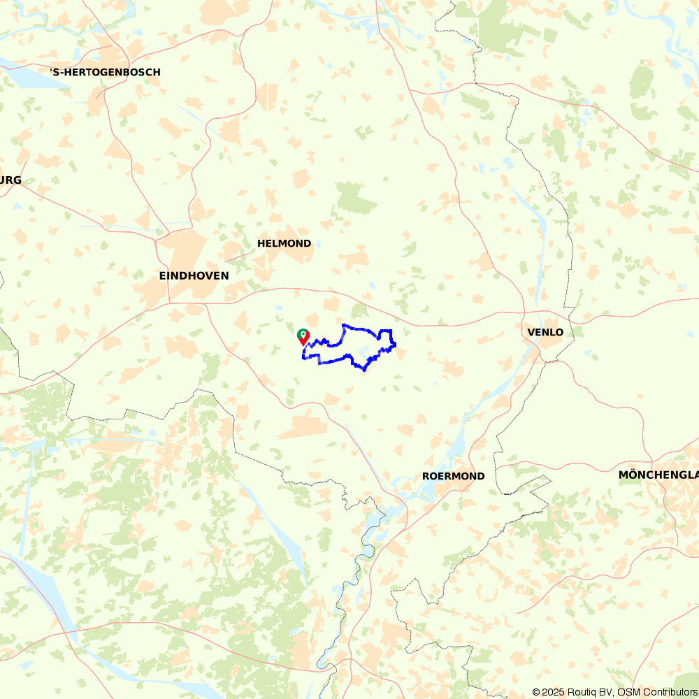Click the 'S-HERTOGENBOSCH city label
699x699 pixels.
(x=105, y=72)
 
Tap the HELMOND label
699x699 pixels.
(x=284, y=243)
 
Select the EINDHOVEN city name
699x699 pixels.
(x=194, y=276)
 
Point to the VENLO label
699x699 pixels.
(x=546, y=332)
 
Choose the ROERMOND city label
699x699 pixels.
(x=453, y=476)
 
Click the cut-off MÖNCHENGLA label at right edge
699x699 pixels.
(x=658, y=475)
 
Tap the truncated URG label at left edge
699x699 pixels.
(x=10, y=180)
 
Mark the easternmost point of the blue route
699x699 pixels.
(x=396, y=344)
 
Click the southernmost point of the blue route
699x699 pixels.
(x=363, y=370)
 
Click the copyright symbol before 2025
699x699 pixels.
(x=537, y=692)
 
